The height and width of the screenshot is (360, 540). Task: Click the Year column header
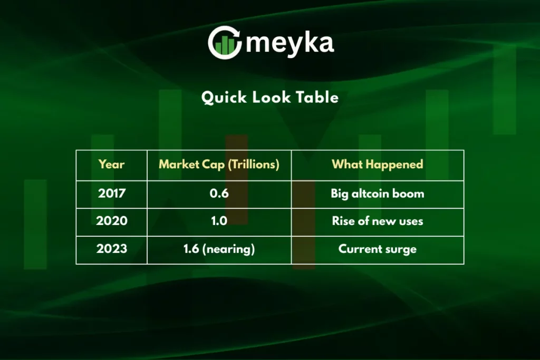(112, 164)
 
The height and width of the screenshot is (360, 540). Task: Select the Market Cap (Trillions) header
(219, 164)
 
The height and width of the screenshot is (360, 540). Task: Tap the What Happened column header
(378, 164)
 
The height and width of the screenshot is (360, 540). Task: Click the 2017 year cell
(112, 193)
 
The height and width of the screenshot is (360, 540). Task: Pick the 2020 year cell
(112, 221)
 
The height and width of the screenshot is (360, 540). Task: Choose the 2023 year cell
(112, 249)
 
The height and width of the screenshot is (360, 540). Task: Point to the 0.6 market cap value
(219, 193)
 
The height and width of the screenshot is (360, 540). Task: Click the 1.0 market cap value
(219, 221)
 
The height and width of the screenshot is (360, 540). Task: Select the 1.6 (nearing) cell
(219, 249)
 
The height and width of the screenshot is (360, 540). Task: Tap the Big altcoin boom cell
(378, 193)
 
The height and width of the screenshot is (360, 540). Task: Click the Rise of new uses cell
(378, 221)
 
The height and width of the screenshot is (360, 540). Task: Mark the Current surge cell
(378, 249)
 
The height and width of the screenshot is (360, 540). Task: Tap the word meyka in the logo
(290, 43)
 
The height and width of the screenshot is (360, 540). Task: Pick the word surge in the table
(401, 249)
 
